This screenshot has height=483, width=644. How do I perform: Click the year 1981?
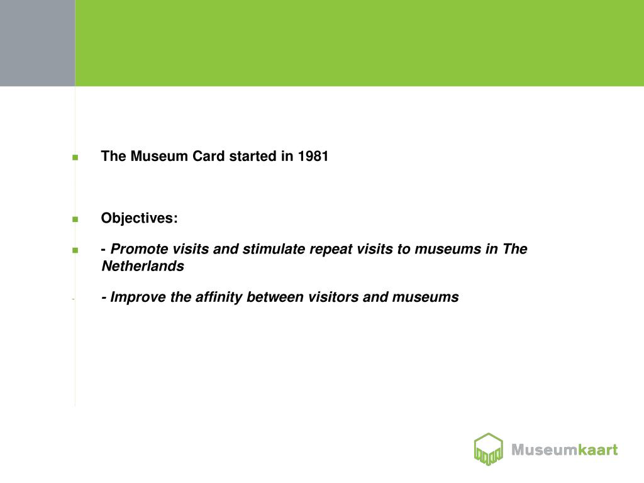pos(313,157)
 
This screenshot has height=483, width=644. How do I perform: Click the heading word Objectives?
pos(140,218)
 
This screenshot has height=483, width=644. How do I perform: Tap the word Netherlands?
pos(143,267)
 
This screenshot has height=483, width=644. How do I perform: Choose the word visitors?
pos(333,297)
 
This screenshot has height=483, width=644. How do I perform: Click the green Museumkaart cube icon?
pos(488,449)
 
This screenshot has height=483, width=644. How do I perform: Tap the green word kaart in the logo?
pos(598,450)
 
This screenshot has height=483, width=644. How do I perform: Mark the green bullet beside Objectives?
pos(75,219)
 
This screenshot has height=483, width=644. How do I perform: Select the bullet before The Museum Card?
pos(75,158)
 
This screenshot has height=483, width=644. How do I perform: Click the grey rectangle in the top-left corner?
pos(37,43)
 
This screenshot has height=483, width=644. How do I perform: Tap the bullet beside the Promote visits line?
pos(75,250)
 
